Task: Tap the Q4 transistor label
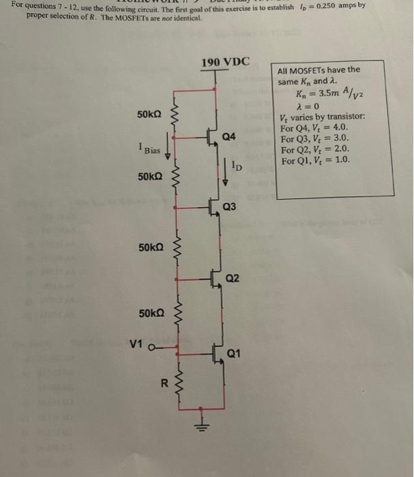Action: point(229,137)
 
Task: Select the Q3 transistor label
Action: point(229,206)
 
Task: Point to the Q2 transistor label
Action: point(233,279)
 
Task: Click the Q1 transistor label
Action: point(234,353)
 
